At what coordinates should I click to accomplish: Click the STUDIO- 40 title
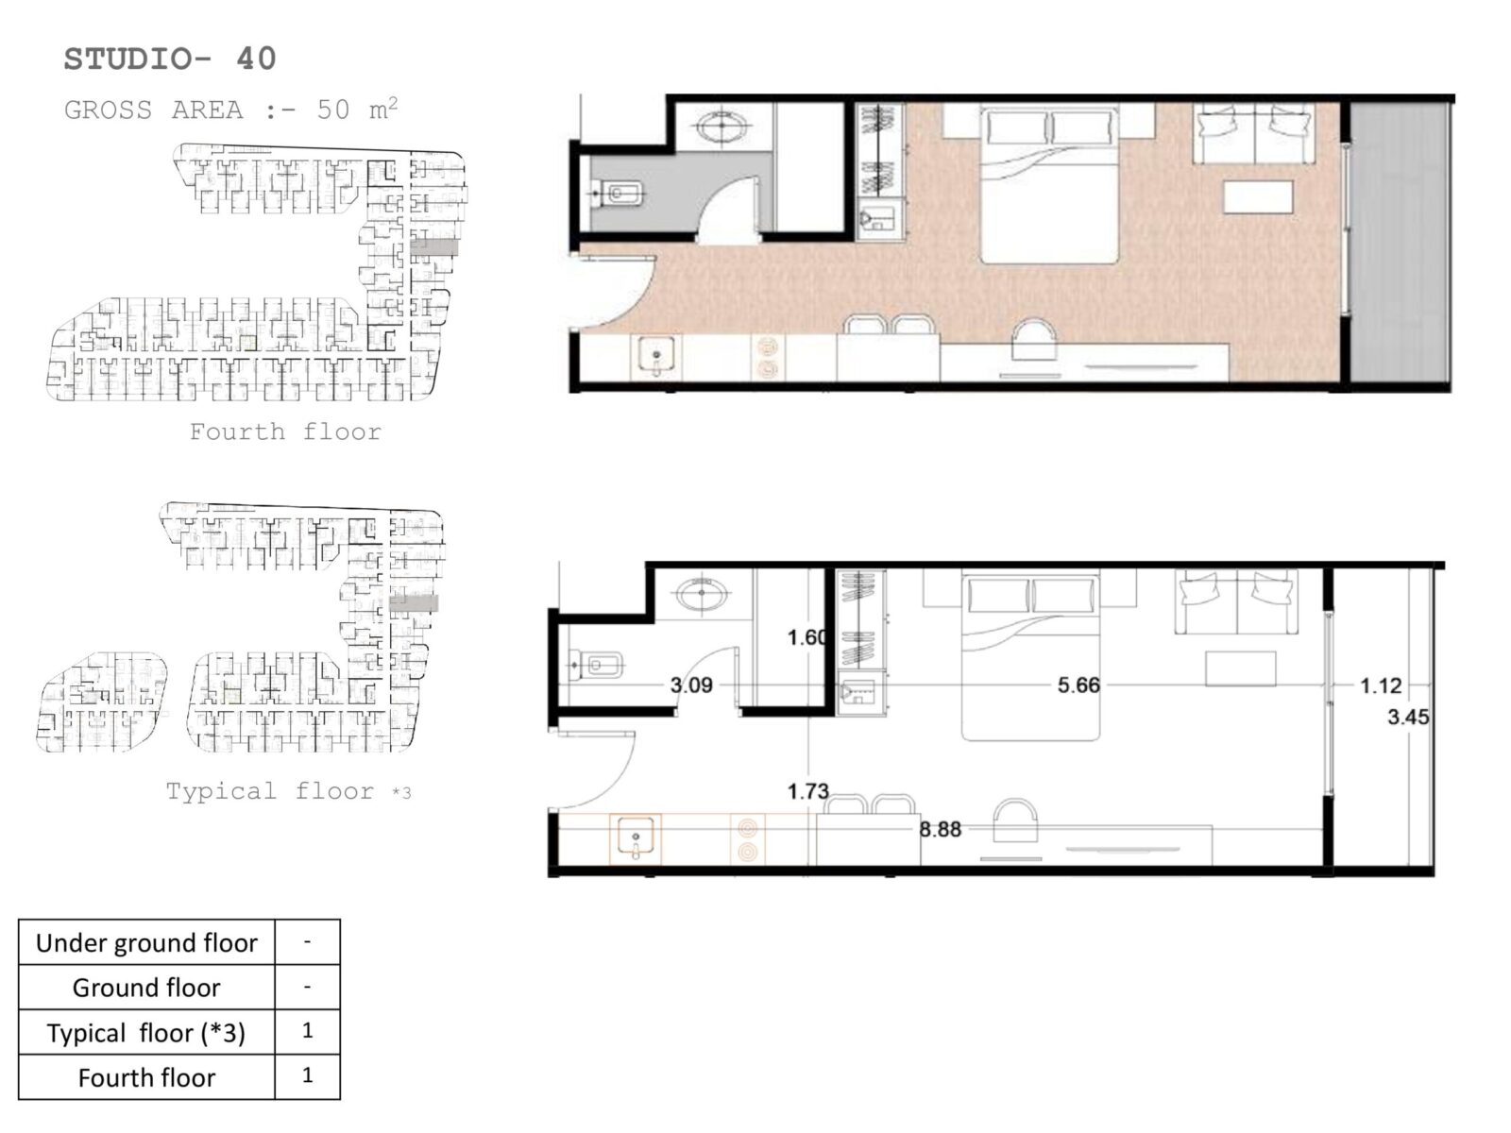tap(170, 59)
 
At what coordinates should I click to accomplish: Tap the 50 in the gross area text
tap(333, 110)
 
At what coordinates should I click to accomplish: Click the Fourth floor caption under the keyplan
tap(285, 432)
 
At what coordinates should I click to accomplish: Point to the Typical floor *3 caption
tap(288, 791)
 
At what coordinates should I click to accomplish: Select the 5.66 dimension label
tap(1078, 685)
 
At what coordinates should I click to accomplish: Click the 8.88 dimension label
tap(941, 829)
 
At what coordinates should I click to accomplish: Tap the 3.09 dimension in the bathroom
tap(691, 685)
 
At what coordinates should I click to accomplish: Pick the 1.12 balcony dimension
tap(1381, 685)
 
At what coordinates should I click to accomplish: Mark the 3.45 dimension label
tap(1408, 717)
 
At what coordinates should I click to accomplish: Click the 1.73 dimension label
tap(808, 791)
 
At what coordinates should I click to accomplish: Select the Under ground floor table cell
tap(146, 942)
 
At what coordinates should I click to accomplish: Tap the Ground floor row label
tap(146, 988)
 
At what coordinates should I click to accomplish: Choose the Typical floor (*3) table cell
tap(146, 1033)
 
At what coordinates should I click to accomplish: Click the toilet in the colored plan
tap(619, 194)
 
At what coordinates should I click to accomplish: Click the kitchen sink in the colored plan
tap(656, 356)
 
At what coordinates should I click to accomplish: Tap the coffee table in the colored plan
tap(1258, 196)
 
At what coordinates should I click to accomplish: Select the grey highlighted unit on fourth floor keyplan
tap(433, 247)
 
